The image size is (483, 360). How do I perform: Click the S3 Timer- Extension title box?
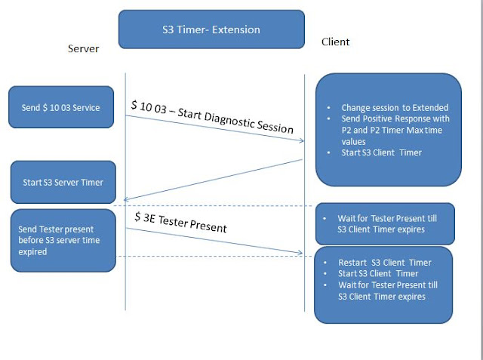(211, 29)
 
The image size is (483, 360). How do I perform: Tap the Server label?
(83, 48)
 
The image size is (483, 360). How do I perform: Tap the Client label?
(335, 42)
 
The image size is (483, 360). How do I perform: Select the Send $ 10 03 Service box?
(61, 107)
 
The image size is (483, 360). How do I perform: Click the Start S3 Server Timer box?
(63, 182)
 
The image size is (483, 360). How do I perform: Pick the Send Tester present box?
(63, 240)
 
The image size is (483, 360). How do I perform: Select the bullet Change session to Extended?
(394, 108)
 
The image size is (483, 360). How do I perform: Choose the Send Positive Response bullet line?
(394, 119)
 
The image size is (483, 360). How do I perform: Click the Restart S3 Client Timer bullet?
(385, 263)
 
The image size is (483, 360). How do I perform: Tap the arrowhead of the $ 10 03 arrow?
(301, 140)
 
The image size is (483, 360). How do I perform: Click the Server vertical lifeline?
(125, 287)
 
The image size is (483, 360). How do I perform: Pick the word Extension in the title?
(235, 29)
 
